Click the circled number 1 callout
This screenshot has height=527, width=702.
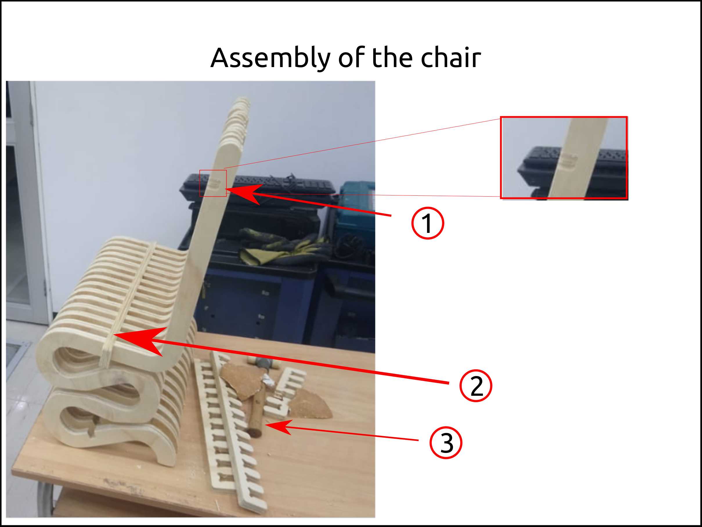pyautogui.click(x=427, y=223)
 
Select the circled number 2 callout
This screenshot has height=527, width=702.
pyautogui.click(x=476, y=386)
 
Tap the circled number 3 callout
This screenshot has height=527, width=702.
pyautogui.click(x=446, y=443)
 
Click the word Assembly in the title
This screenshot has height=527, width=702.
pyautogui.click(x=270, y=58)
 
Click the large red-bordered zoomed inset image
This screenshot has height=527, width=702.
pyautogui.click(x=564, y=158)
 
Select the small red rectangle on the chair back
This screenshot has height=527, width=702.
pyautogui.click(x=213, y=183)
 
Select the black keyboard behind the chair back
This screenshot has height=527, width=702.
pyautogui.click(x=257, y=186)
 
